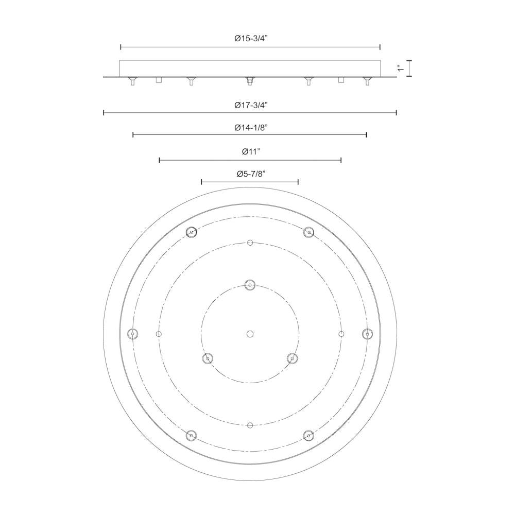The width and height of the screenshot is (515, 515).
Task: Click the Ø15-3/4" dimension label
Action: (251, 39)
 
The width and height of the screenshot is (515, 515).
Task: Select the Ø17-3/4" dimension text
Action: (251, 105)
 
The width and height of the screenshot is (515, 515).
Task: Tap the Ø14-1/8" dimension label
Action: (251, 127)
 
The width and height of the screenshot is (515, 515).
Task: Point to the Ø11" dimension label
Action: (251, 151)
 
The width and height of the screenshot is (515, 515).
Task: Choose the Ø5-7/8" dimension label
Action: (251, 174)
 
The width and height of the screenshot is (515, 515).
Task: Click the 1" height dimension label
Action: (400, 68)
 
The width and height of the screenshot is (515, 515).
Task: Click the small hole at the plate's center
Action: (250, 334)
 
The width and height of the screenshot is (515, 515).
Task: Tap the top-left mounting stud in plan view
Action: (191, 232)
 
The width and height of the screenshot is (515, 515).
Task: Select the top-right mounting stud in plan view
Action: (308, 232)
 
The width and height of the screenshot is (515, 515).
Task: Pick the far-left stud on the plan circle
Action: (133, 334)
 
